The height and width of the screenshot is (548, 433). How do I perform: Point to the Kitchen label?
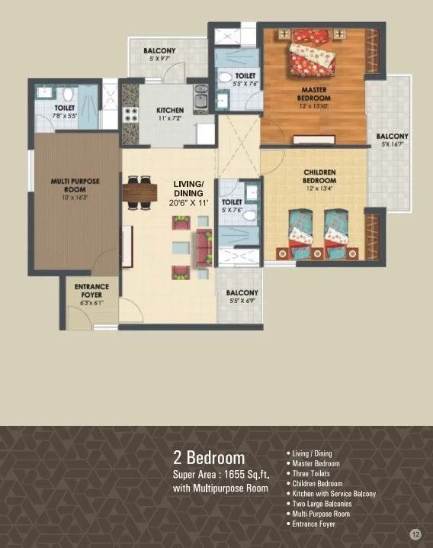(170, 109)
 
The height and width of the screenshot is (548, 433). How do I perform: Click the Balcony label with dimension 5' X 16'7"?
(392, 137)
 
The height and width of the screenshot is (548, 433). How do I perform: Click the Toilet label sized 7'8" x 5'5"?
(65, 109)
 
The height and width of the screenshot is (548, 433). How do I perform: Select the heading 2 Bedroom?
(209, 458)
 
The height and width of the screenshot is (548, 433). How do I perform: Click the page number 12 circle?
(415, 533)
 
